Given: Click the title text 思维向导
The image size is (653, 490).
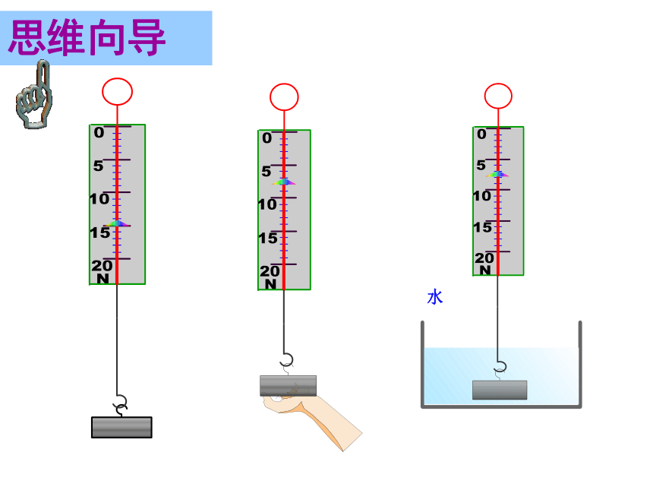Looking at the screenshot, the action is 87,37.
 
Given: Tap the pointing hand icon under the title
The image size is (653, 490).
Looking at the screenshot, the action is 35,95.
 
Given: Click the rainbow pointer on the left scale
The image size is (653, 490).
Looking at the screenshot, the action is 117,223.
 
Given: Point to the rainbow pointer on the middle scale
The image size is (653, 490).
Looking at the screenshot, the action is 284,182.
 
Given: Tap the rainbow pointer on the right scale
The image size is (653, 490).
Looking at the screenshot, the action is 497,174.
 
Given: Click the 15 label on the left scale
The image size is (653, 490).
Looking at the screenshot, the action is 100,232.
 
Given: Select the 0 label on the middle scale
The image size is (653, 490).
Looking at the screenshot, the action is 267,138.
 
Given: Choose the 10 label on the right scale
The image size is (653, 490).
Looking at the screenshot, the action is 482,195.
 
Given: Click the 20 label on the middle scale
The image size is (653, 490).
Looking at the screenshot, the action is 270,271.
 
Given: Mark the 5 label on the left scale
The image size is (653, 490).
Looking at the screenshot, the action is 98,166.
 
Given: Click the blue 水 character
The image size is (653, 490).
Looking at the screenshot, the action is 435,298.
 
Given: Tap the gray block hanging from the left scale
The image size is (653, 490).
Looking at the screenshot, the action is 121,427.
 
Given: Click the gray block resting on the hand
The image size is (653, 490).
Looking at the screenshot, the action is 289,386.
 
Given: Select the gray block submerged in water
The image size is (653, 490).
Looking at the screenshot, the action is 500,390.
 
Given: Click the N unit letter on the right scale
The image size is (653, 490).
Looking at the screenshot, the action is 485,270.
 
